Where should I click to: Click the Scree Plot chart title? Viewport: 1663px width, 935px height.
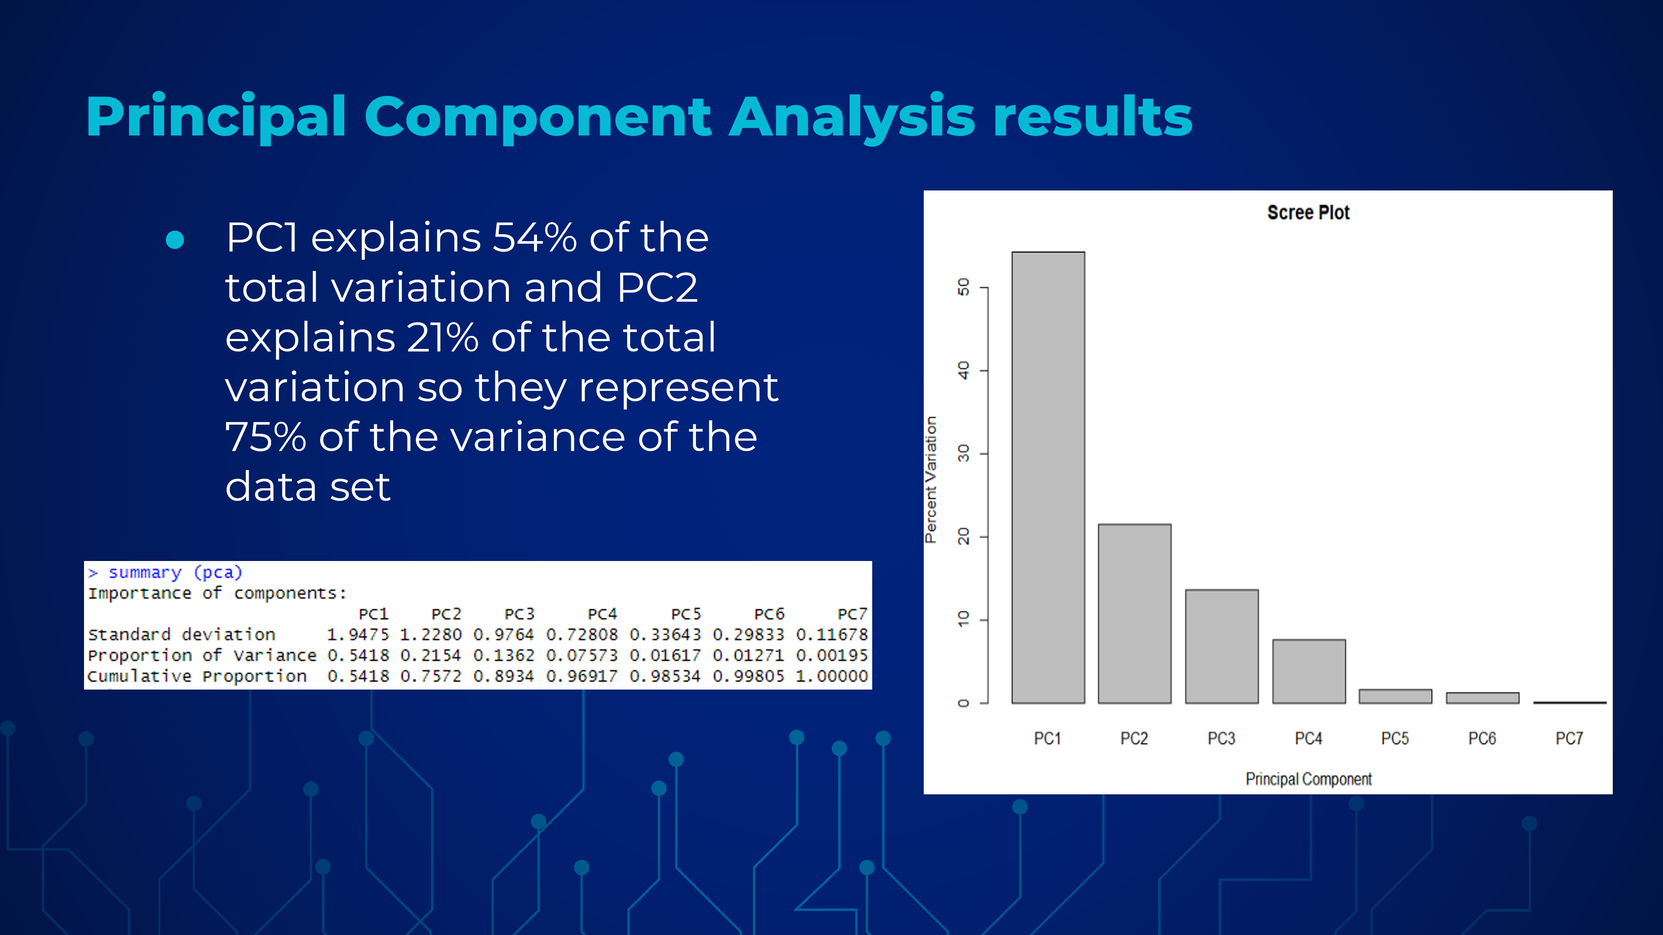[1308, 212]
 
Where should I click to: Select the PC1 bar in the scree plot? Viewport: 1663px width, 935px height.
[1048, 477]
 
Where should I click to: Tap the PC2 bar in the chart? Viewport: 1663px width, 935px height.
[1134, 614]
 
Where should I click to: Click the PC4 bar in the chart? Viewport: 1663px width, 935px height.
[1309, 671]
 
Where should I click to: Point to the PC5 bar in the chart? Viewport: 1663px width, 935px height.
[1395, 696]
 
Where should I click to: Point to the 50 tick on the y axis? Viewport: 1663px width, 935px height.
[963, 287]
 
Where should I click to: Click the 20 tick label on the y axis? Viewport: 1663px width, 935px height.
[963, 536]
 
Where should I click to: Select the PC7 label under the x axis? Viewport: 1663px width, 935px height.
[1569, 738]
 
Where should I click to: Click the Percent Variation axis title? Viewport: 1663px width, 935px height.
[930, 480]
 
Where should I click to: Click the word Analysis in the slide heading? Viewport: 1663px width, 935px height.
[851, 117]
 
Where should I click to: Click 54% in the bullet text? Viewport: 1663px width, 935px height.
[534, 238]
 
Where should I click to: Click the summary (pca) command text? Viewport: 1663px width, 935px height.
[175, 572]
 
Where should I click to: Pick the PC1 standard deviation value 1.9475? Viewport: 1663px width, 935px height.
[358, 634]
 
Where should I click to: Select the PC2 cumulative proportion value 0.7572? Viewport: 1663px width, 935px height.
[430, 676]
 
